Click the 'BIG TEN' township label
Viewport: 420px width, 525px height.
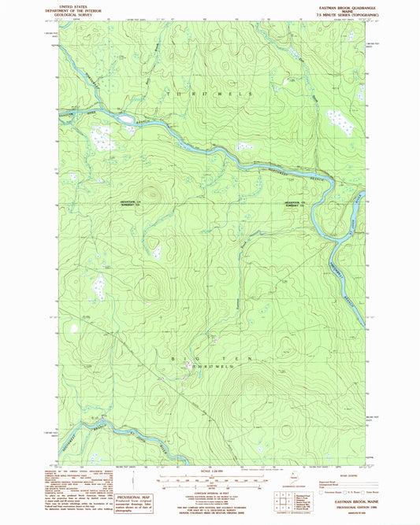(192, 358)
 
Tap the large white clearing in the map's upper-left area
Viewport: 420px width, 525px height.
(102, 139)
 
